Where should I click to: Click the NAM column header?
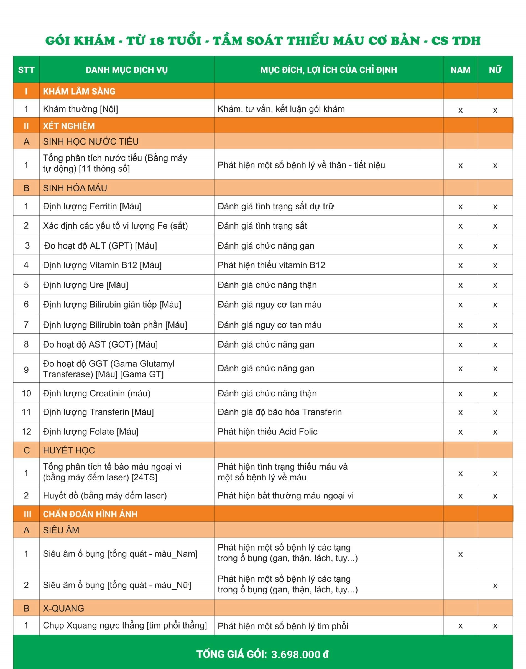[x=460, y=70]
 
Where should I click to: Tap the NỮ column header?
[x=495, y=70]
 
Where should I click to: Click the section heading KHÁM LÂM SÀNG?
[x=79, y=91]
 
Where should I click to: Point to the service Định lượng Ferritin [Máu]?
[x=92, y=206]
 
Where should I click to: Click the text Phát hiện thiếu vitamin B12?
[x=271, y=265]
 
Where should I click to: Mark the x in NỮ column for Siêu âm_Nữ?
[x=495, y=586]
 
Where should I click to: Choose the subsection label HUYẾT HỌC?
[x=69, y=450]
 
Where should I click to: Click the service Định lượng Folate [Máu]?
[x=91, y=431]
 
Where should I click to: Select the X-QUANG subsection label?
[x=63, y=608]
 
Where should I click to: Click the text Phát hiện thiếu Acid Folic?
[x=267, y=431]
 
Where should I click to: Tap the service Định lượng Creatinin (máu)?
[x=97, y=393]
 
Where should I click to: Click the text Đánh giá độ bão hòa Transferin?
[x=280, y=412]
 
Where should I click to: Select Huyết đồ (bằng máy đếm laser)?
[x=105, y=496]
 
